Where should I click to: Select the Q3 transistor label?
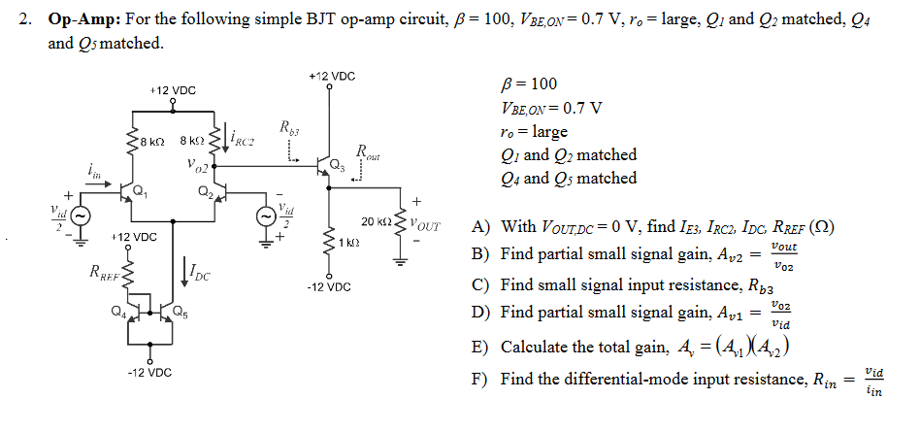click(337, 165)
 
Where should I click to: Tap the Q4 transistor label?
click(116, 311)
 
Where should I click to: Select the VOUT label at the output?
click(426, 226)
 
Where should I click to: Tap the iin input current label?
click(94, 171)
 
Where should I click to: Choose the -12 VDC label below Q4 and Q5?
click(148, 372)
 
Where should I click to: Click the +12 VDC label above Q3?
click(331, 75)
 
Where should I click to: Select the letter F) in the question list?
click(479, 379)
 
